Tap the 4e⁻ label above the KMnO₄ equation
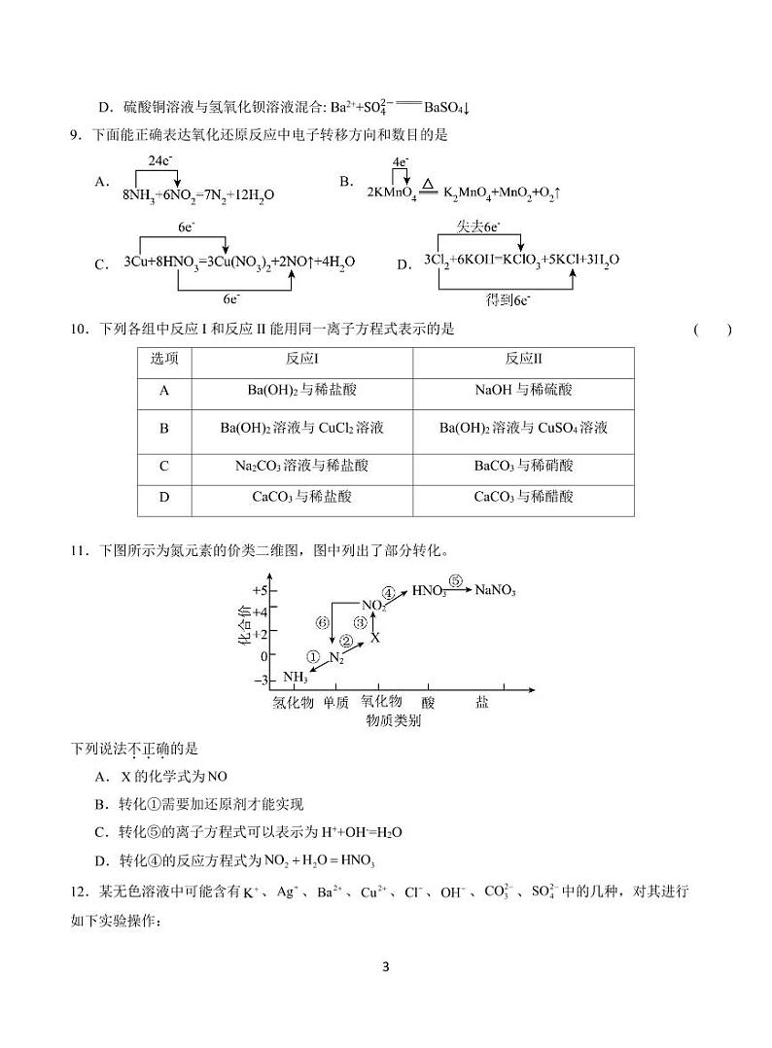[x=400, y=161]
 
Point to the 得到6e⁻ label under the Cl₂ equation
[x=508, y=299]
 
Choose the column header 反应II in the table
[x=524, y=359]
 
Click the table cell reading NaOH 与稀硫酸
[x=524, y=390]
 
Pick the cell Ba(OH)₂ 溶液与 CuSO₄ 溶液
[x=524, y=428]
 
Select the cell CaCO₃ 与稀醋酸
[x=524, y=497]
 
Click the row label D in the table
[x=164, y=497]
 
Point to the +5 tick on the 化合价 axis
[x=259, y=590]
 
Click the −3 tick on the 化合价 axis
[x=260, y=681]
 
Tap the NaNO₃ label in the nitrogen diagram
[x=495, y=590]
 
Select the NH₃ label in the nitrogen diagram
[x=296, y=678]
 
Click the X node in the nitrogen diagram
[x=375, y=638]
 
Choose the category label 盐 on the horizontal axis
[x=482, y=702]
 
